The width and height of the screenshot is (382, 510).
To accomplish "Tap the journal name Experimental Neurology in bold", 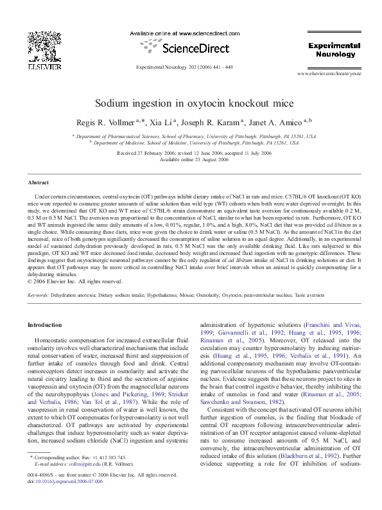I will (333, 51).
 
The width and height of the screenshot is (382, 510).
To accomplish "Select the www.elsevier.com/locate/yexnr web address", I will (333, 75).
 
